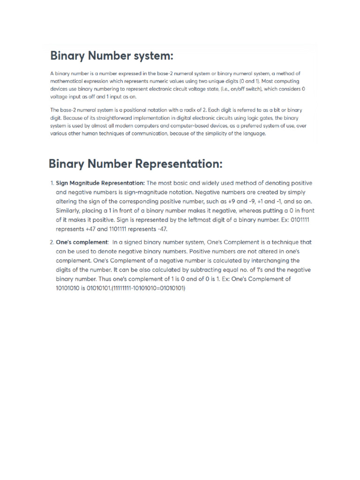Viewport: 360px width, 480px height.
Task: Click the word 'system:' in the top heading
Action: pos(152,56)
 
